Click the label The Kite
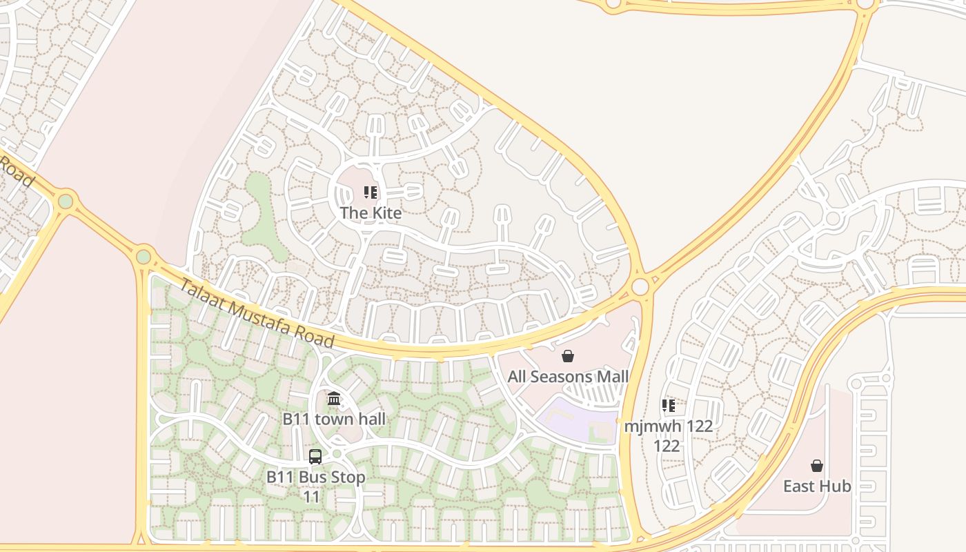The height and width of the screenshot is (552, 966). pyautogui.click(x=371, y=213)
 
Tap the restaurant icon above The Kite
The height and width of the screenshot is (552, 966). pyautogui.click(x=371, y=193)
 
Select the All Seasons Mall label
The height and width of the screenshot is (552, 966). pyautogui.click(x=568, y=377)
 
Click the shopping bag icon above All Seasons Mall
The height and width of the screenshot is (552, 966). pyautogui.click(x=568, y=356)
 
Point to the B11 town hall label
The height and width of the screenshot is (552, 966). pyautogui.click(x=334, y=419)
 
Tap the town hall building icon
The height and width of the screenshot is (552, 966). pyautogui.click(x=334, y=398)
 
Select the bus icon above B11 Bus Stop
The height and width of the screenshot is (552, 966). pyautogui.click(x=315, y=456)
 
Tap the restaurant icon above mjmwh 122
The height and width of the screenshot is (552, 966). pyautogui.click(x=668, y=406)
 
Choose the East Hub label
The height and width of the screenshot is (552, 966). pyautogui.click(x=817, y=486)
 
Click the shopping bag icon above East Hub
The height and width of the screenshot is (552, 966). pyautogui.click(x=817, y=466)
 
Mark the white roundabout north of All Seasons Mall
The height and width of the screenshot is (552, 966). pyautogui.click(x=640, y=286)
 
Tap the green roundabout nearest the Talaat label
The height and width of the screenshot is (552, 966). pyautogui.click(x=143, y=257)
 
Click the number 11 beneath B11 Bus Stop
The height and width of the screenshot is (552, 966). pyautogui.click(x=312, y=497)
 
